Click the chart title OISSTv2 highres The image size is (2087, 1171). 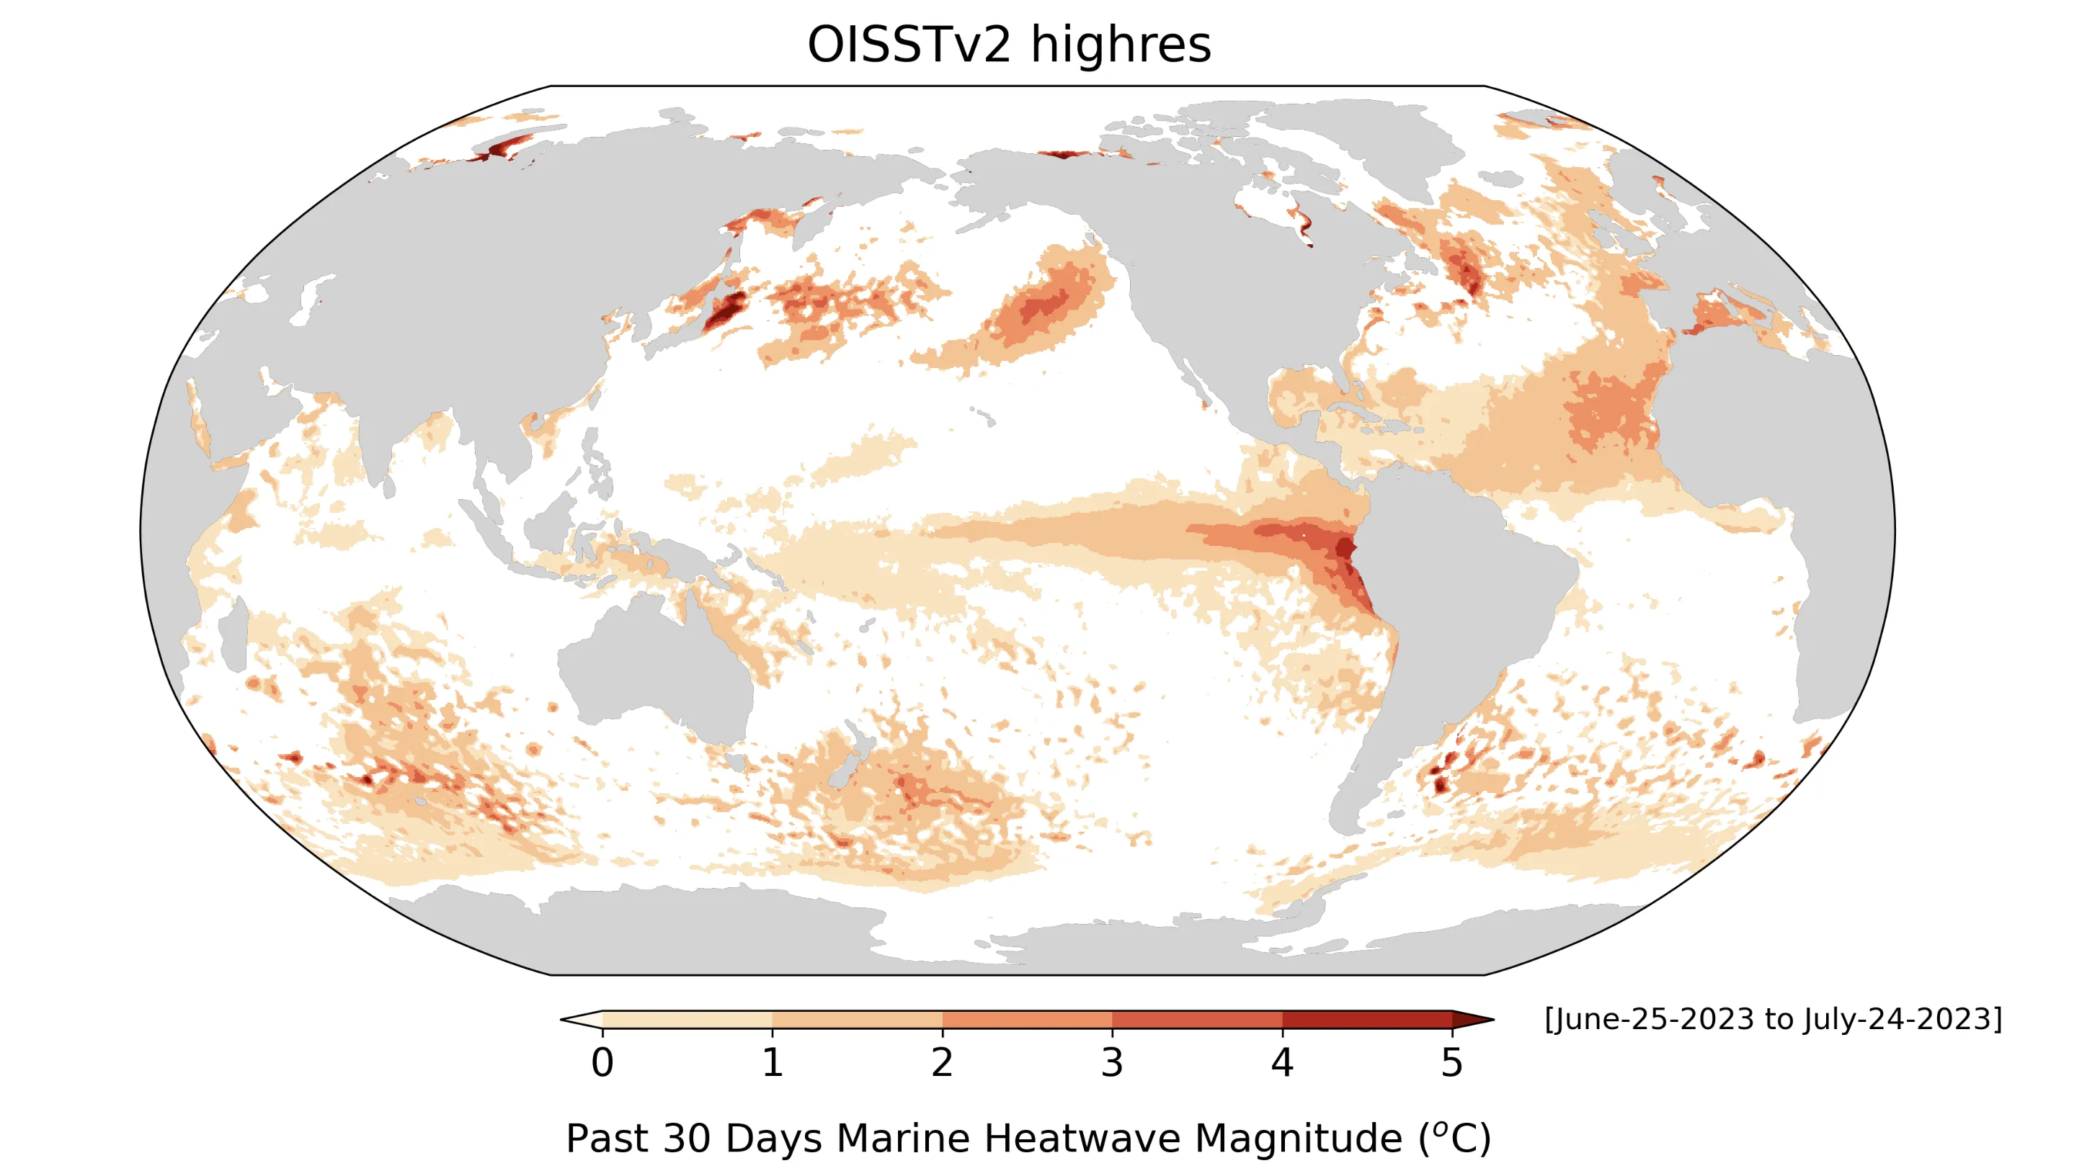click(1009, 45)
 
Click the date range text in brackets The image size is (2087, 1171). click(1773, 1019)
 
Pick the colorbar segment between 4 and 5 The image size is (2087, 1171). click(1367, 1020)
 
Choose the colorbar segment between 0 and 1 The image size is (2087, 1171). click(687, 1020)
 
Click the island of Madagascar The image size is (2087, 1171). click(233, 636)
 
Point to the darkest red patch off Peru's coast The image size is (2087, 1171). click(1345, 548)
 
